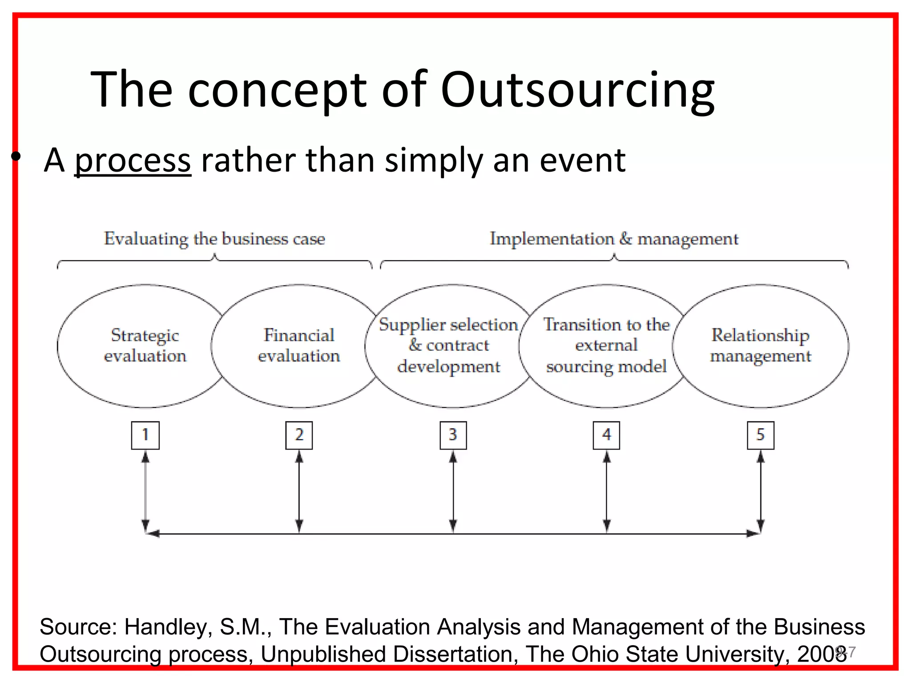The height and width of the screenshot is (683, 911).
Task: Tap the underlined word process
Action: click(x=133, y=161)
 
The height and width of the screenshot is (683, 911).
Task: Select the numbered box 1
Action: click(x=145, y=435)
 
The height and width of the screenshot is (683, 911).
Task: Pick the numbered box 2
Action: click(x=299, y=435)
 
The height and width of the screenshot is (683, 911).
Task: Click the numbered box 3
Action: click(x=453, y=435)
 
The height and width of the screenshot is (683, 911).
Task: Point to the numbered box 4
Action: click(x=606, y=435)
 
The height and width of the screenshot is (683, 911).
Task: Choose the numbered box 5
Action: click(x=760, y=435)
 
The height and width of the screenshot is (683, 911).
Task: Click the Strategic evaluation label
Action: click(x=145, y=346)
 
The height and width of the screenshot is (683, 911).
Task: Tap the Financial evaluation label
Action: click(x=299, y=346)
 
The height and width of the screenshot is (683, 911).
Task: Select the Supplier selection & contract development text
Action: click(x=448, y=346)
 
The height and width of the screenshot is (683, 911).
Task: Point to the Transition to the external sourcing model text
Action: click(x=606, y=346)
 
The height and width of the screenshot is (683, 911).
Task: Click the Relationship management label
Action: click(x=760, y=346)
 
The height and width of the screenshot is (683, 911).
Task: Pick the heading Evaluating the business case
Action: click(x=214, y=239)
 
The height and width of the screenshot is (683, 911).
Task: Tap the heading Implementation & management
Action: click(x=614, y=239)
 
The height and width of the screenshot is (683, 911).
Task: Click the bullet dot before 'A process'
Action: click(x=16, y=156)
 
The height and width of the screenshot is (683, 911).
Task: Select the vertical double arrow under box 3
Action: click(x=453, y=491)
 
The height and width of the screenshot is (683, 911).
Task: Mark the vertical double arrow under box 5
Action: click(x=760, y=491)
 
